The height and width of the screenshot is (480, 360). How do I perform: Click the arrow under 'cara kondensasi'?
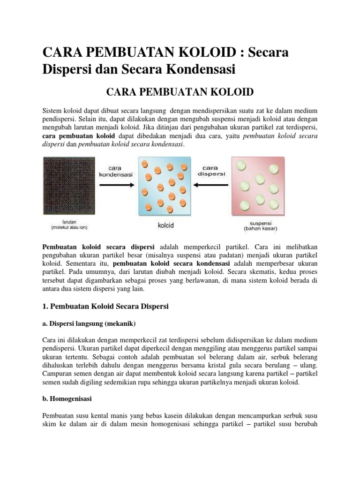point(116,185)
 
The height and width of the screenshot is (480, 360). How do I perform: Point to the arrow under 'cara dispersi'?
point(211,185)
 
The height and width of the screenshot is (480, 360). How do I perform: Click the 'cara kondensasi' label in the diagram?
point(116,170)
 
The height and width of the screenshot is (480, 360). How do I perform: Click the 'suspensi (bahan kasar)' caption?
point(261,226)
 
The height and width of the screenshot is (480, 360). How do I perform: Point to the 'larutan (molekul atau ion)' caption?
point(69,225)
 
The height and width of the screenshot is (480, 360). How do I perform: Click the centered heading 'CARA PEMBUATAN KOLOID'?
point(180,91)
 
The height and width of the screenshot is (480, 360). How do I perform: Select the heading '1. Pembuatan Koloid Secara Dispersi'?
point(105,306)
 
